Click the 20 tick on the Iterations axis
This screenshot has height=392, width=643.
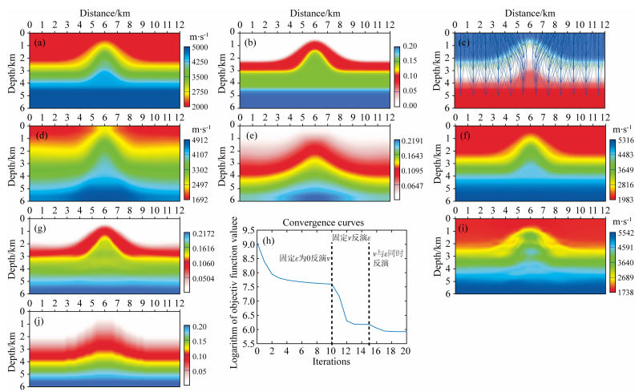click(406, 351)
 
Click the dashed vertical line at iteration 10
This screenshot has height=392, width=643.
click(331, 289)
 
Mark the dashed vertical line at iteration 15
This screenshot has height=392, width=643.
click(369, 289)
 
